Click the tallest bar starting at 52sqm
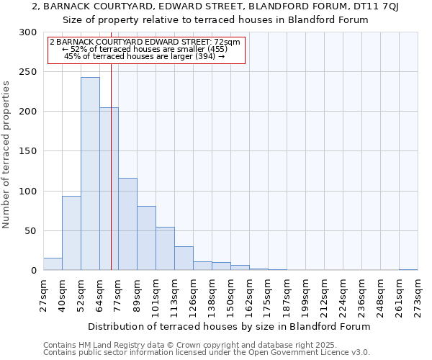pos(90,174)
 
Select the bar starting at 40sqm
pos(71,233)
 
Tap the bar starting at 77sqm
pos(127,224)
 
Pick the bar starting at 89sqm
pos(146,238)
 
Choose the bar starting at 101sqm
pos(165,248)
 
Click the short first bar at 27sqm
pos(53,264)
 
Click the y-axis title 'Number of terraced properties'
pos(6,154)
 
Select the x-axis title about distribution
pos(228,326)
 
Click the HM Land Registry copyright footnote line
pos(185,345)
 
